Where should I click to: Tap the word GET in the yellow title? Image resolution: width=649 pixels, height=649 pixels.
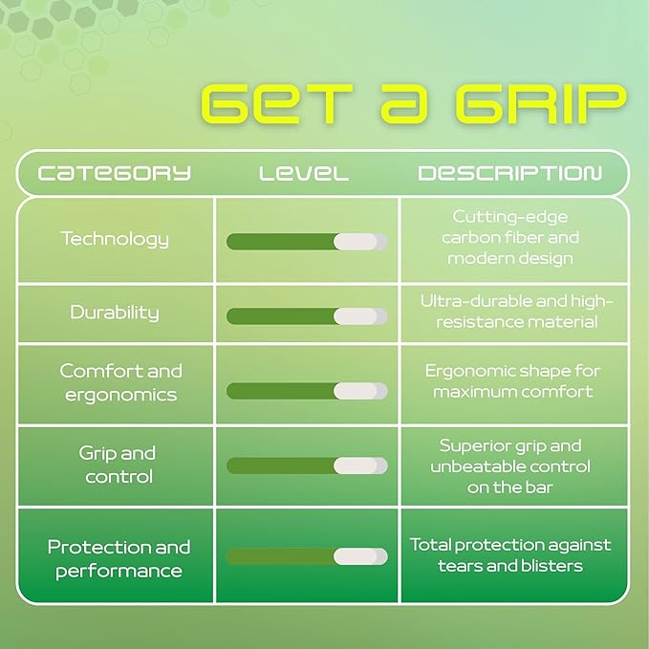276,104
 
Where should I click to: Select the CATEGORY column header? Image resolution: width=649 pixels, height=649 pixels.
115,173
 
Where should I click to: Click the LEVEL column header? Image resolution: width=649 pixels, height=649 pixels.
304,173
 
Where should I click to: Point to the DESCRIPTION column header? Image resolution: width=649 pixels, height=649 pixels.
510,173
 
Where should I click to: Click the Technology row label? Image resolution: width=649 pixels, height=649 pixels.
115,239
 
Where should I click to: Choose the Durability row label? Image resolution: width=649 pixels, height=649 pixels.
115,313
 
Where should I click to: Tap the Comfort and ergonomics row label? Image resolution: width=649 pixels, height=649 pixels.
120,382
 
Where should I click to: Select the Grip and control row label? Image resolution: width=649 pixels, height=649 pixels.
118,465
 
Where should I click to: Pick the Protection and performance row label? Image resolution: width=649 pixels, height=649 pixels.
119,558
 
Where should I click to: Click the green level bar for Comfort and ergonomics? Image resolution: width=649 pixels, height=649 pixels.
281,391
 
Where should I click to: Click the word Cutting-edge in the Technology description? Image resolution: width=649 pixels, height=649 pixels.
510,217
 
